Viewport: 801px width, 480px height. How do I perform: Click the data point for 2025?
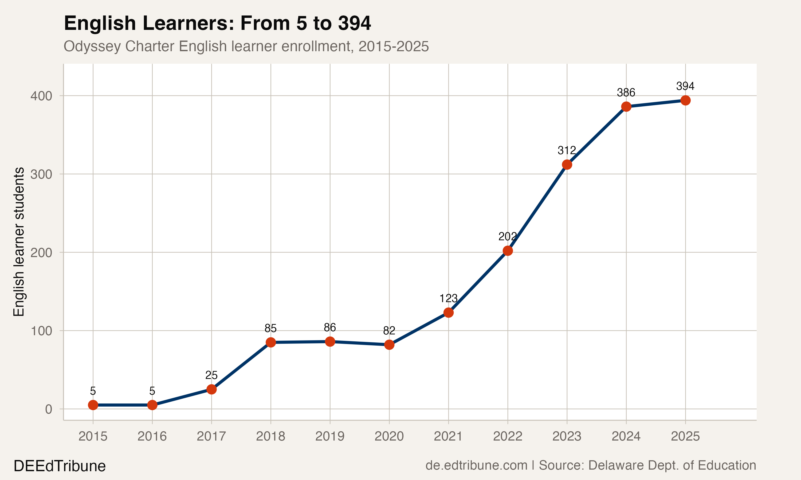pos(685,101)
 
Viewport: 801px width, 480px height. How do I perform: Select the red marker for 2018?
pos(271,342)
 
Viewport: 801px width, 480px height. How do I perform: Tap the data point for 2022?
pos(508,251)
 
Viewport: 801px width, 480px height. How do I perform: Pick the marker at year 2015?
pos(93,405)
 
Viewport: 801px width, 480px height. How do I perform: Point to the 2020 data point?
pos(389,345)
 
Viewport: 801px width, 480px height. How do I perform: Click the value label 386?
pos(626,93)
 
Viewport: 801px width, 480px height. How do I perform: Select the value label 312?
pos(567,150)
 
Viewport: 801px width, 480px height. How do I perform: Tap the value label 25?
pos(211,375)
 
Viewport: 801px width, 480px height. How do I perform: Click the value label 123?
pos(448,298)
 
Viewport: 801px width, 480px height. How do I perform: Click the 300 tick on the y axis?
pos(41,175)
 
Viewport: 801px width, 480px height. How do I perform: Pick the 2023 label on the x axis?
pos(567,437)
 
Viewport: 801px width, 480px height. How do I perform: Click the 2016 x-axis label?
pos(152,437)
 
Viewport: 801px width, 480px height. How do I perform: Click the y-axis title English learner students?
pos(19,242)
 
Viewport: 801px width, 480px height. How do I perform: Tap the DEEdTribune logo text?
pos(60,466)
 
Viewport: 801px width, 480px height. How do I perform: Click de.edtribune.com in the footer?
pos(476,465)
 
